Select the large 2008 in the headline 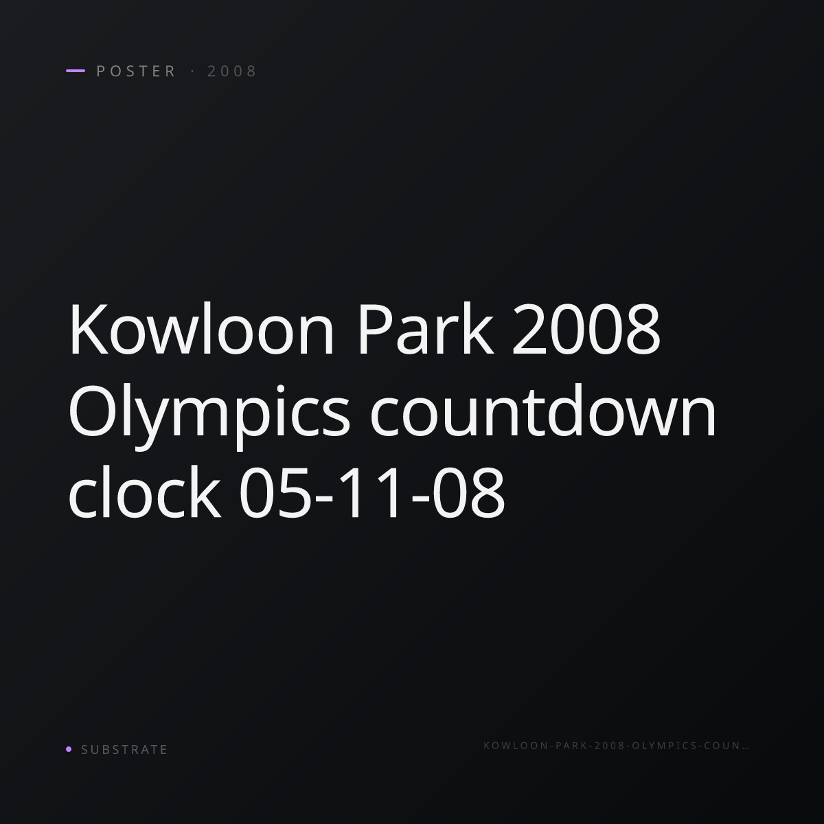[x=586, y=329]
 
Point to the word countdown [x=543, y=411]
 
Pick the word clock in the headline [x=145, y=491]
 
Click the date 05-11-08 [x=371, y=492]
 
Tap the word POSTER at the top [x=136, y=71]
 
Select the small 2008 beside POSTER [x=232, y=71]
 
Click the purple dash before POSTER [x=76, y=71]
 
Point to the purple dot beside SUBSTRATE [x=69, y=748]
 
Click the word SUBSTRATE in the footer [x=124, y=749]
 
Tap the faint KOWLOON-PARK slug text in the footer [x=616, y=745]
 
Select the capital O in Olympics [x=93, y=411]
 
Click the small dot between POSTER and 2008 [x=192, y=71]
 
